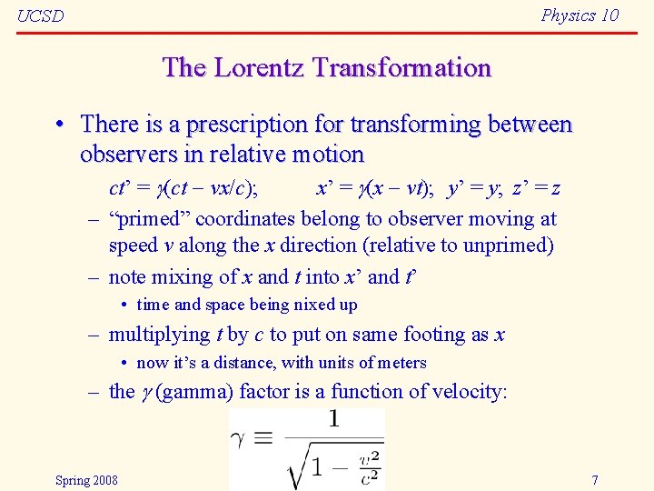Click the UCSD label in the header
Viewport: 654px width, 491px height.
coord(41,16)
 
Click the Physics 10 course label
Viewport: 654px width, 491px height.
coord(580,15)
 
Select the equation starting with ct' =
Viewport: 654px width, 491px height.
coord(183,188)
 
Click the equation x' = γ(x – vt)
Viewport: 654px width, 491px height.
coord(373,188)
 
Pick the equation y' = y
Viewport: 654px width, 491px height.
coord(475,188)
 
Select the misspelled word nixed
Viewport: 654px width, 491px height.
coord(294,306)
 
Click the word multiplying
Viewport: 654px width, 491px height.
coord(158,335)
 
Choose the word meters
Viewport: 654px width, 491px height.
coord(396,363)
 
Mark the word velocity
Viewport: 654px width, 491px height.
coord(470,392)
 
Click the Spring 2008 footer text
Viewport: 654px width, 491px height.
coord(86,480)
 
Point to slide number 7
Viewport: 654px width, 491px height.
coord(594,480)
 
